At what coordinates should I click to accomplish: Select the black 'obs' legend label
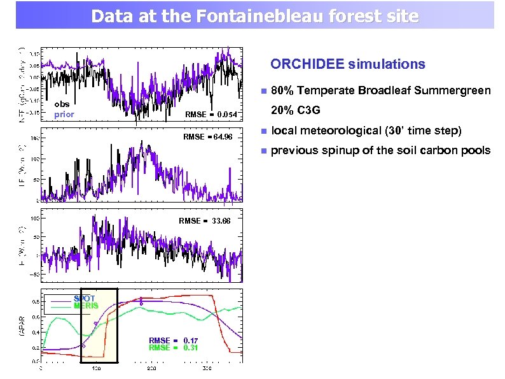[62, 104]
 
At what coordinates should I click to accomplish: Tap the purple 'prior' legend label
[64, 115]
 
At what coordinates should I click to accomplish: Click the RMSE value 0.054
[227, 115]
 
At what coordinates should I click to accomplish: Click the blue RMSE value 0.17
[191, 340]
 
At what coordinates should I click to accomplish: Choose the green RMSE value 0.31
[191, 348]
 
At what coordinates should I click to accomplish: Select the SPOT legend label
[85, 298]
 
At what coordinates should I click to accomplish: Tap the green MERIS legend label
[86, 306]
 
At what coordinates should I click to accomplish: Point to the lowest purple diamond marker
[83, 346]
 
